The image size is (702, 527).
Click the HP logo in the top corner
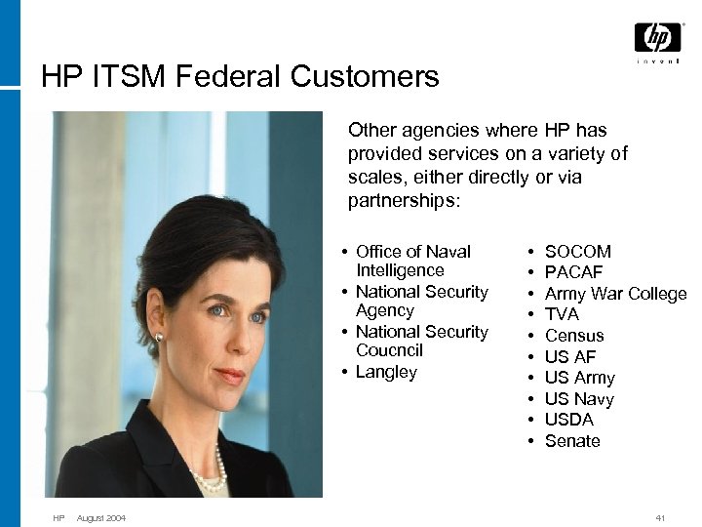(x=657, y=38)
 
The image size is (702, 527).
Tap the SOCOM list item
(x=577, y=252)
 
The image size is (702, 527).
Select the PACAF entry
(x=573, y=272)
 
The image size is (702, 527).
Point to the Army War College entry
(x=615, y=294)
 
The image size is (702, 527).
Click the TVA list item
(x=562, y=314)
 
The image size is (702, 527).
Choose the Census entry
(x=574, y=336)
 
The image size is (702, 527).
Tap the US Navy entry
(x=579, y=398)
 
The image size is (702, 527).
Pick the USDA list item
(x=568, y=420)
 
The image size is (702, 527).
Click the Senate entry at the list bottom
(x=572, y=441)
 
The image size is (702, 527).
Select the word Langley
(x=386, y=372)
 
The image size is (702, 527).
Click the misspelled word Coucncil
(x=389, y=350)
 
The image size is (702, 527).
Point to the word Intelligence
(x=400, y=270)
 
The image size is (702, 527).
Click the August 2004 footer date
(x=101, y=517)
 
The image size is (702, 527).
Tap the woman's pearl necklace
(x=209, y=477)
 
